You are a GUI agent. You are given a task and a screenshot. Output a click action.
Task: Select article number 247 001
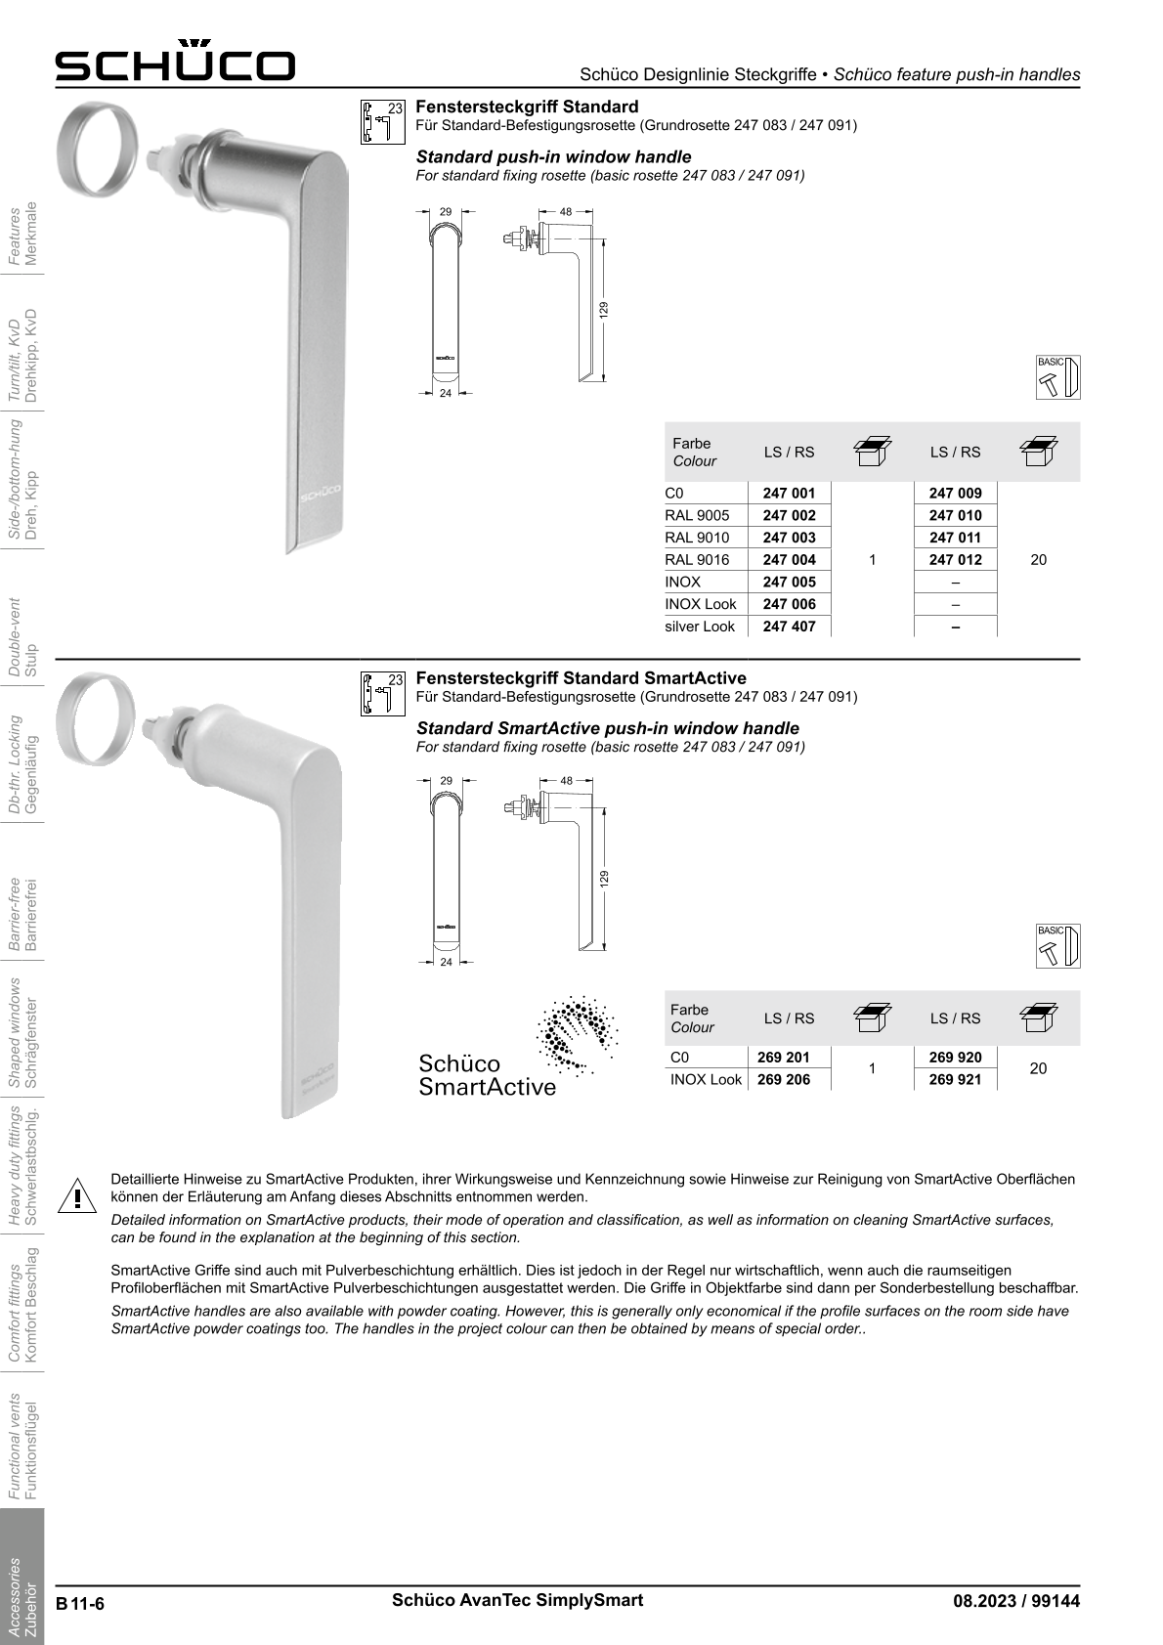pos(788,493)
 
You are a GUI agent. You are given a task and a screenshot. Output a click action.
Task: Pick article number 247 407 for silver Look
pos(788,627)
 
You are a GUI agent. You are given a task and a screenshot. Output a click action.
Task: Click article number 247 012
pos(955,560)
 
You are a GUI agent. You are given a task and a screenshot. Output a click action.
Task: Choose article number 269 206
pos(783,1080)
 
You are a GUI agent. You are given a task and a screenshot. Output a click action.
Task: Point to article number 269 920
pos(955,1058)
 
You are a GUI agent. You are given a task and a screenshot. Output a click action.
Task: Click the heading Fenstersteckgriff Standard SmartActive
pos(581,678)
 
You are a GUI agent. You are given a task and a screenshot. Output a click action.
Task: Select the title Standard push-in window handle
pos(553,156)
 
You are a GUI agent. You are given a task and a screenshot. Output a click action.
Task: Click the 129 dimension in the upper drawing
pos(604,309)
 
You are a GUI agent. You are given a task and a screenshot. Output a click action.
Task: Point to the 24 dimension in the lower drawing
pos(446,963)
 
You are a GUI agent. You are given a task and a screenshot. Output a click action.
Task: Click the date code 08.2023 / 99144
pos(1016,1601)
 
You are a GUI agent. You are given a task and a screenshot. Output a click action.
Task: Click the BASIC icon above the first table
pos(1058,376)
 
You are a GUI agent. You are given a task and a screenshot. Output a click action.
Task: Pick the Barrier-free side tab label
pos(22,915)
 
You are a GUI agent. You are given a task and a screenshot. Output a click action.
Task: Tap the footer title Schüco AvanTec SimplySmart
pos(517,1600)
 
